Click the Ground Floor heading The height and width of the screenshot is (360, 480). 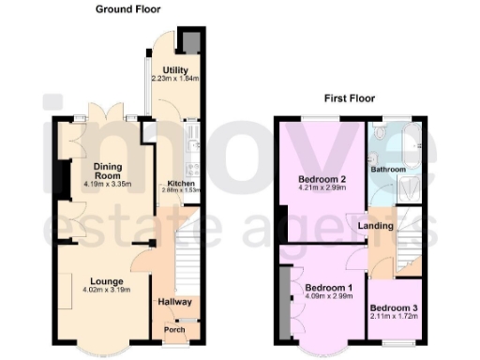pyautogui.click(x=127, y=9)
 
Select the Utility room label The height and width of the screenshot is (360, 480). pyautogui.click(x=174, y=70)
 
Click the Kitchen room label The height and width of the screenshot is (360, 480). pyautogui.click(x=181, y=183)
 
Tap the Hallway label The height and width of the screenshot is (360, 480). pyautogui.click(x=174, y=302)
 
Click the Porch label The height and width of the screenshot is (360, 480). pyautogui.click(x=174, y=330)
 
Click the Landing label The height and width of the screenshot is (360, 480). pyautogui.click(x=374, y=225)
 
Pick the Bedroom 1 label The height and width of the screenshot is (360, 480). pyautogui.click(x=322, y=288)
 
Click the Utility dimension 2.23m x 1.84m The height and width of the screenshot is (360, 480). pyautogui.click(x=174, y=80)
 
